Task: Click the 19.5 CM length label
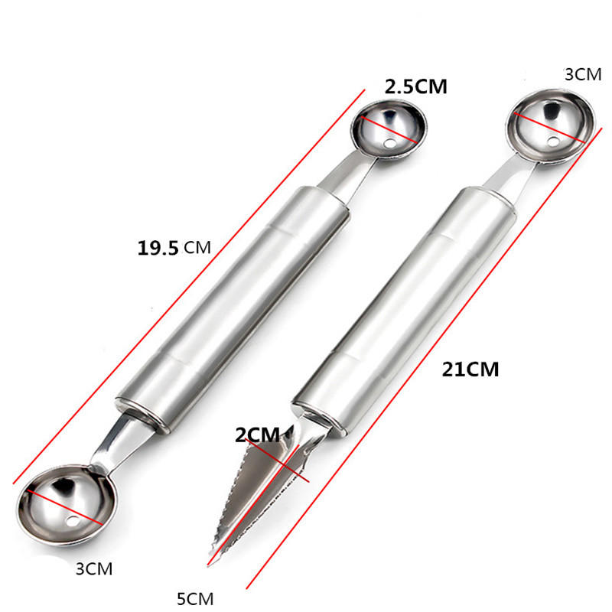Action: (174, 248)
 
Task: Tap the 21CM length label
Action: (470, 369)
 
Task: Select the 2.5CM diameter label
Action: (415, 86)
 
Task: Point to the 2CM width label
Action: (257, 435)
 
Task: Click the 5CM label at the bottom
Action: (195, 598)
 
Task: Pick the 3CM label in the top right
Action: (583, 74)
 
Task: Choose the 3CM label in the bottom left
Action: (94, 569)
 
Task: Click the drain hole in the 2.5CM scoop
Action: (389, 144)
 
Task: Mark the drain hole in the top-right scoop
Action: (552, 142)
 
